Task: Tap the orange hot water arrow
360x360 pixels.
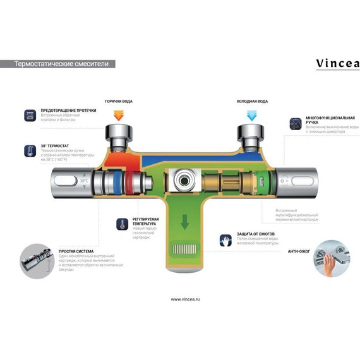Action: [118, 115]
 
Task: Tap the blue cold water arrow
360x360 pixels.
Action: [251, 115]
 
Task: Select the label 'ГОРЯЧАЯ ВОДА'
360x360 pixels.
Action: [118, 101]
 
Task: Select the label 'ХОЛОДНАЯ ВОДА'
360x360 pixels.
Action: [252, 101]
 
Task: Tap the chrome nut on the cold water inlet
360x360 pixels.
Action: [251, 134]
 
